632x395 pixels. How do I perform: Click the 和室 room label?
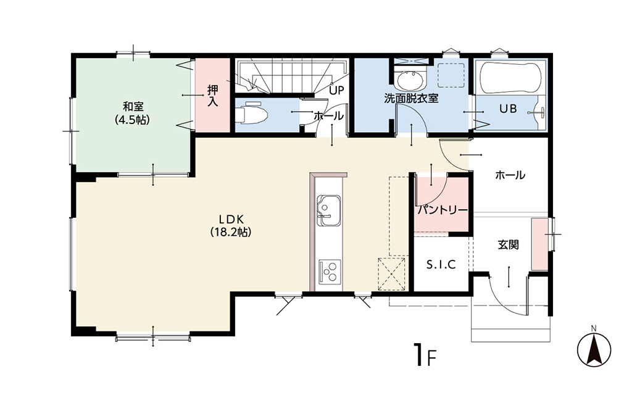[133, 107]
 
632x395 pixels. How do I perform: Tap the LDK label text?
[231, 219]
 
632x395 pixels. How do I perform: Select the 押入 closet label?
[212, 95]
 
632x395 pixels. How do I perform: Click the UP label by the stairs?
[336, 90]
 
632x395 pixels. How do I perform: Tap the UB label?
[508, 109]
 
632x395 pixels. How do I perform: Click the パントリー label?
[443, 210]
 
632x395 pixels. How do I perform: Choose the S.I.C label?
[441, 265]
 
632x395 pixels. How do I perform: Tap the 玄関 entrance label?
[508, 244]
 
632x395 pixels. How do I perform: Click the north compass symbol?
[594, 348]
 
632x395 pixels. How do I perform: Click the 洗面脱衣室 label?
[411, 98]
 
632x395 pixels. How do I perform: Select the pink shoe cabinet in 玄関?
[540, 244]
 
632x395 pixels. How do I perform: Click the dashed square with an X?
[391, 274]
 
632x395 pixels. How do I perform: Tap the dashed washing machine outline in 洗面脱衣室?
[451, 75]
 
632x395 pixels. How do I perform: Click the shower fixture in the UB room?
[540, 113]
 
